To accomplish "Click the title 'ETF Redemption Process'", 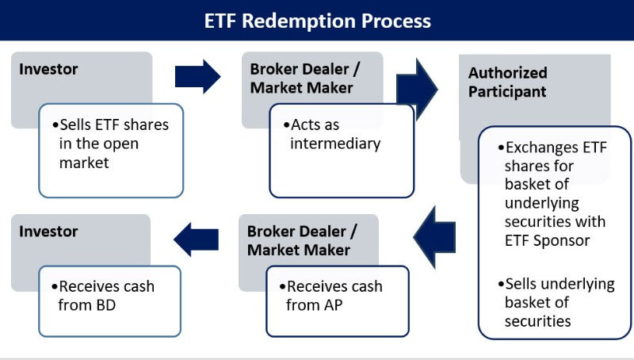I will tap(317, 20).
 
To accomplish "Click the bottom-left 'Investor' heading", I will tap(49, 232).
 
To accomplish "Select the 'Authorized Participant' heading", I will tap(507, 82).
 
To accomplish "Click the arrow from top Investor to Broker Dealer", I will tap(197, 77).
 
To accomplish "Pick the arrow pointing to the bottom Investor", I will tap(197, 239).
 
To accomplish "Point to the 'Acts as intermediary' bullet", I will tap(336, 134).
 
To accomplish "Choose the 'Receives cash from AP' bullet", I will tap(334, 295).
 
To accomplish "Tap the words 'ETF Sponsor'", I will tap(547, 240).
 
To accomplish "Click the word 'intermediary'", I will tap(336, 144).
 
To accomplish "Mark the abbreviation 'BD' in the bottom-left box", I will tap(105, 304).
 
